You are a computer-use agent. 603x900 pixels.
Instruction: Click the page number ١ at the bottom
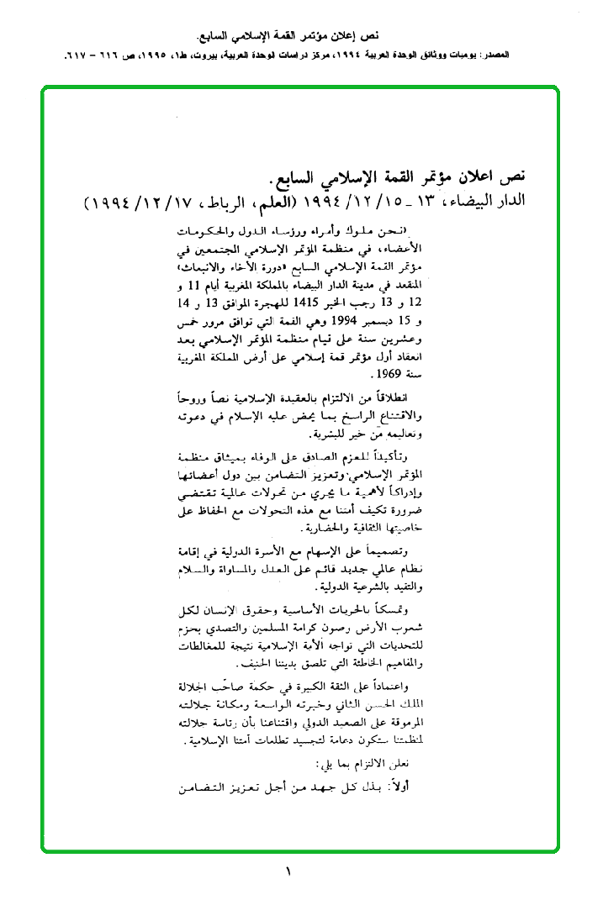point(288,872)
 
